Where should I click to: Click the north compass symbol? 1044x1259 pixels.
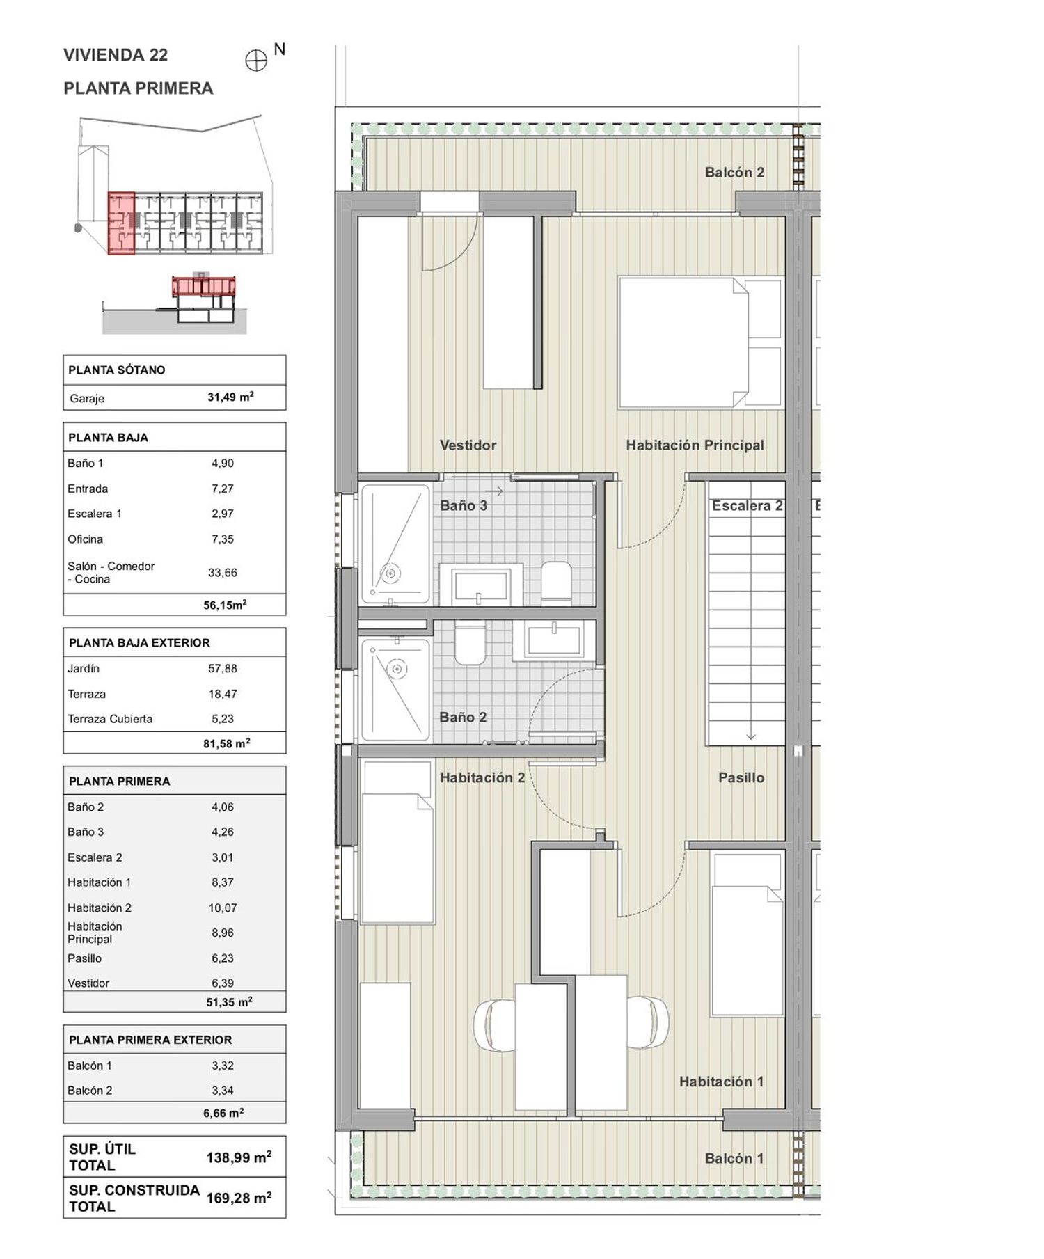(257, 61)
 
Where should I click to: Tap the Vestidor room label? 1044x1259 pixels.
(468, 445)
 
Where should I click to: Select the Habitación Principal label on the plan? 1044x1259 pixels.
(695, 445)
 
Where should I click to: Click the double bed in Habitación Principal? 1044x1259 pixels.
(699, 342)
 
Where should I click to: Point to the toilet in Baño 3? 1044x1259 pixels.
(556, 581)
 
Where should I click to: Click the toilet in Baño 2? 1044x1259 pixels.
(470, 642)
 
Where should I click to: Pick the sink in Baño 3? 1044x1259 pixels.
(480, 585)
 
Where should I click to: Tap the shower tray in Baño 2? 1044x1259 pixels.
(395, 690)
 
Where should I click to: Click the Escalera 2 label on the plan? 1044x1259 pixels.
(747, 506)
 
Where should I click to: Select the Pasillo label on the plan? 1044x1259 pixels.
(741, 777)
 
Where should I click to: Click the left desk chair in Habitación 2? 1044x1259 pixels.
(495, 1025)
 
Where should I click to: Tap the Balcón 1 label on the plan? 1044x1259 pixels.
(734, 1158)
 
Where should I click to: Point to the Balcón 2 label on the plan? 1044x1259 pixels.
(734, 172)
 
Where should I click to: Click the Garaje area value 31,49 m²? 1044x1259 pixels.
(230, 397)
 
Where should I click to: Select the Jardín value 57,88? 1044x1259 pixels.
(223, 668)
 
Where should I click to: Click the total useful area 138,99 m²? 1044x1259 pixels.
(239, 1157)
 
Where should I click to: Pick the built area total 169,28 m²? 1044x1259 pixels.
(239, 1198)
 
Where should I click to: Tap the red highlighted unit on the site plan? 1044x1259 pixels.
(121, 223)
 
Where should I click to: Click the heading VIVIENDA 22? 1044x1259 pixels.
(116, 55)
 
